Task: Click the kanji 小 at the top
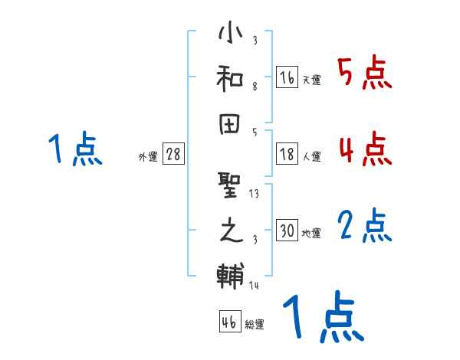point(230,34)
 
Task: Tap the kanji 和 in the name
point(230,78)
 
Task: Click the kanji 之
point(230,229)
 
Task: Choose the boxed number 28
point(173,154)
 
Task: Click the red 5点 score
point(365,74)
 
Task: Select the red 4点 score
point(365,149)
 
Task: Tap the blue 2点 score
point(365,226)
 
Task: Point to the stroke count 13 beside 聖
point(254,194)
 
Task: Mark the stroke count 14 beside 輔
point(254,286)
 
